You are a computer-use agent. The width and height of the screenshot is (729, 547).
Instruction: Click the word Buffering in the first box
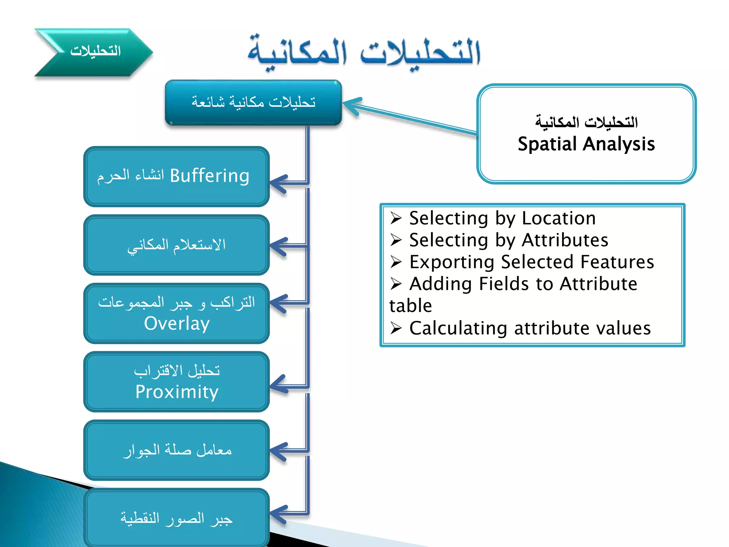click(x=209, y=176)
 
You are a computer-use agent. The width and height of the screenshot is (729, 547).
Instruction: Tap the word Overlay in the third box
click(x=177, y=324)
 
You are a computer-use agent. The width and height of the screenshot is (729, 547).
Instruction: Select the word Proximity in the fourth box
click(x=177, y=392)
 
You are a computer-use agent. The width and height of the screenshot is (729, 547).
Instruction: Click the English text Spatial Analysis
click(x=586, y=144)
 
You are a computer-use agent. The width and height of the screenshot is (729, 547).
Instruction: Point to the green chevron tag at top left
click(x=93, y=52)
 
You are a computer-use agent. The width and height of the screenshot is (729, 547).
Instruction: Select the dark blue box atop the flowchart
click(x=253, y=103)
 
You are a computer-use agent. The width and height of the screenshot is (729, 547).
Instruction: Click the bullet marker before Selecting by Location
click(x=396, y=218)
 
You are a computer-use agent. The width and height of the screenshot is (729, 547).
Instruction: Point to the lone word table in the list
click(x=410, y=306)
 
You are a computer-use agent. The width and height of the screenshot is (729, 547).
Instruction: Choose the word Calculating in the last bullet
click(x=458, y=328)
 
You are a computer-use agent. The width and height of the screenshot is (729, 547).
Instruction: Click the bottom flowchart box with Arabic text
click(x=177, y=518)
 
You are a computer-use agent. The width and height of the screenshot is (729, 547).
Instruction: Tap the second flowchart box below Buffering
click(x=177, y=245)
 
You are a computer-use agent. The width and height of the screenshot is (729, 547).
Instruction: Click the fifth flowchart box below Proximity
click(x=177, y=450)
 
